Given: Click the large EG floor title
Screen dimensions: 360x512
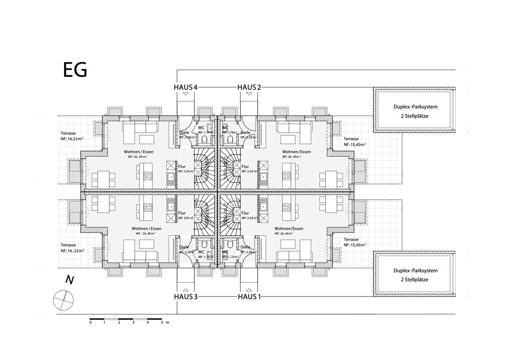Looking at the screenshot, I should click(75, 70).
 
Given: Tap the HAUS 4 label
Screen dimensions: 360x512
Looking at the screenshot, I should click(185, 87).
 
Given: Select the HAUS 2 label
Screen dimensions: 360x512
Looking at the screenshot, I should click(249, 87).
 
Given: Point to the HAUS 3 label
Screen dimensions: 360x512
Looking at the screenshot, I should click(185, 297).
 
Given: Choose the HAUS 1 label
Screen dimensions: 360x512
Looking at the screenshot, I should click(249, 297).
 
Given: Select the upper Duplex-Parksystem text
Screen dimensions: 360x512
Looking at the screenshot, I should click(415, 107).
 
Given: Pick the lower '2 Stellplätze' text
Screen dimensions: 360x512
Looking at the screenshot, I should click(415, 280).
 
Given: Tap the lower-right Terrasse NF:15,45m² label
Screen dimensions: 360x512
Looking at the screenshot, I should click(354, 242).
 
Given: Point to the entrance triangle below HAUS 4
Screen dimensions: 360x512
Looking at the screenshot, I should click(185, 94).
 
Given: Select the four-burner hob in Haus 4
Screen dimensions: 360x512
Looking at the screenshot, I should click(148, 176).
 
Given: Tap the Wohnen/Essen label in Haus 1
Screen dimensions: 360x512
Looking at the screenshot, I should click(289, 228).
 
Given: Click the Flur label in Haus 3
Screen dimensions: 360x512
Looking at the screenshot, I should click(181, 213).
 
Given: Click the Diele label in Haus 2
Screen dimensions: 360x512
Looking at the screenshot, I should click(252, 133).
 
